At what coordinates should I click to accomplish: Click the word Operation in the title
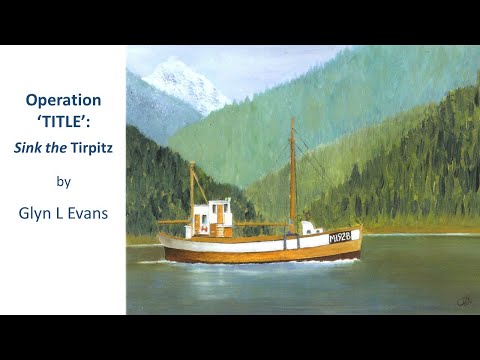point(63,101)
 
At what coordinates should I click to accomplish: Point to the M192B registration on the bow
point(341,238)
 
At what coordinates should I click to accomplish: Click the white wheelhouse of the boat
point(211,217)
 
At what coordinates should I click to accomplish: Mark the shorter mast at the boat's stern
point(192,195)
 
